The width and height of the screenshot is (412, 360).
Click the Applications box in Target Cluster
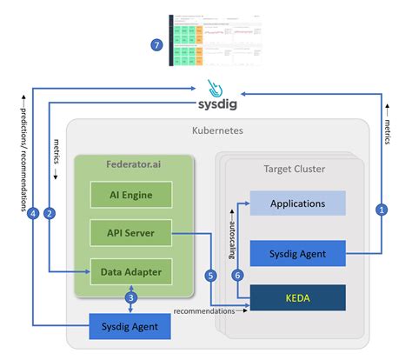tap(297, 203)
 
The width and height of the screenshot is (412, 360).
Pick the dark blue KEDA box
tap(297, 297)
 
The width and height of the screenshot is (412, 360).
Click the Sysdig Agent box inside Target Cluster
tap(297, 253)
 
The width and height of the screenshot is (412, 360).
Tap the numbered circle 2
tap(50, 212)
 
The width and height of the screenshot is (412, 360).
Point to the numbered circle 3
tap(131, 298)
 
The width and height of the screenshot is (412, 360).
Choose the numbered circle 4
tap(32, 212)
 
